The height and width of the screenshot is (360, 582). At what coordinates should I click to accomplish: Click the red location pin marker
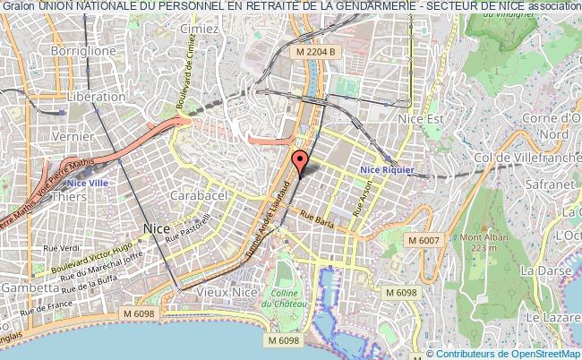[300, 161]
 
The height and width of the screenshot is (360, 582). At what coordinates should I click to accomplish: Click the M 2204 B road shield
[317, 52]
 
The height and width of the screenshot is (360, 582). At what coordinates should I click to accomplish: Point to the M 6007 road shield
[425, 240]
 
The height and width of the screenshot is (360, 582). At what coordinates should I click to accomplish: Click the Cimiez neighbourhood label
[201, 29]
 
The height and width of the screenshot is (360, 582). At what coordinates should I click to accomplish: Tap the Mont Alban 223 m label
[479, 242]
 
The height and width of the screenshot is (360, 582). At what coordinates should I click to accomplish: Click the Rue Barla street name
[316, 219]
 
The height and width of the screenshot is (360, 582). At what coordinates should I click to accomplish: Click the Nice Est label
[423, 117]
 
